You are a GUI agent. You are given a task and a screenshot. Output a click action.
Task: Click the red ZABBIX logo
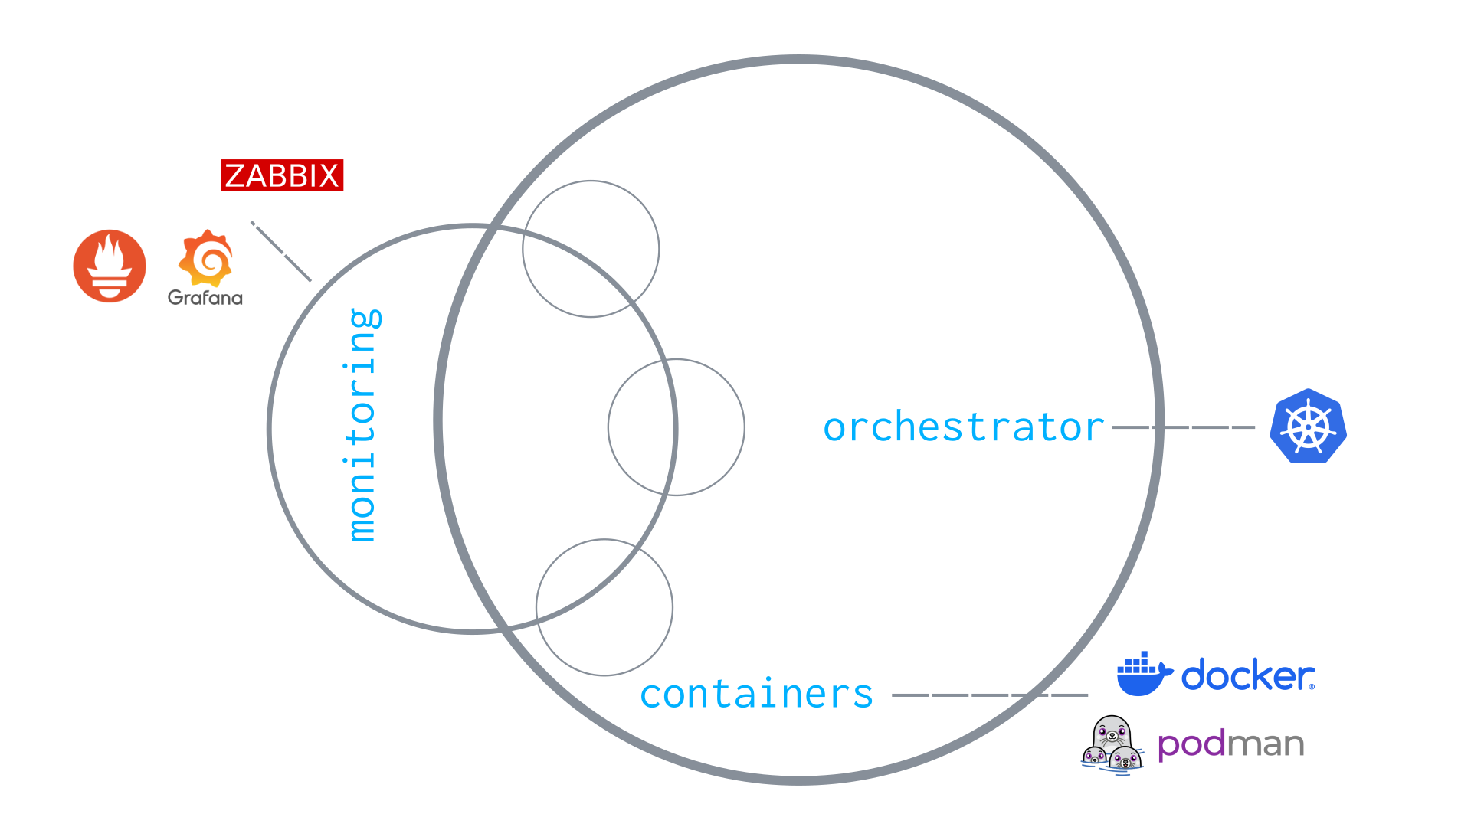282,175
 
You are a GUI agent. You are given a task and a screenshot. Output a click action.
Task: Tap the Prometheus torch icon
110,266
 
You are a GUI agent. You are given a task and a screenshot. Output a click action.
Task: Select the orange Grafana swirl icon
205,258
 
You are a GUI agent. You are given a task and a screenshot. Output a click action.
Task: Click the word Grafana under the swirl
205,298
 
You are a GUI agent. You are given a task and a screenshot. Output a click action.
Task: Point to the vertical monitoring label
362,425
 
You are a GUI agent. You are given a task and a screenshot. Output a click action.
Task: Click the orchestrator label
964,427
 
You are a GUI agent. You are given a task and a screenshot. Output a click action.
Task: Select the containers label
757,695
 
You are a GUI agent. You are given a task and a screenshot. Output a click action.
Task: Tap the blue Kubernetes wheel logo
1309,427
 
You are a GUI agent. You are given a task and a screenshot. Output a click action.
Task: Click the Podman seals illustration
1112,744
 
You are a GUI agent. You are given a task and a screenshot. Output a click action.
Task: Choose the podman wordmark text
1230,744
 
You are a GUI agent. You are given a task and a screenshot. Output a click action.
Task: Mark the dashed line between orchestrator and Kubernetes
1183,427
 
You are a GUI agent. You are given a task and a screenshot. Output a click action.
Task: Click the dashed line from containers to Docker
990,695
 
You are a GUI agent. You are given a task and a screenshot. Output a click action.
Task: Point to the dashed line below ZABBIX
281,251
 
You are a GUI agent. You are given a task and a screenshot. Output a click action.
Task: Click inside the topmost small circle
591,249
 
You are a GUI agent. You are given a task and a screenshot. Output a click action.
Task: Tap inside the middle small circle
676,427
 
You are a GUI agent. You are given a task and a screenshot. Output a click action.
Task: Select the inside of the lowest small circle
604,607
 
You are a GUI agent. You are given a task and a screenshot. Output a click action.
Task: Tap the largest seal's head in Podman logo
1112,732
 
